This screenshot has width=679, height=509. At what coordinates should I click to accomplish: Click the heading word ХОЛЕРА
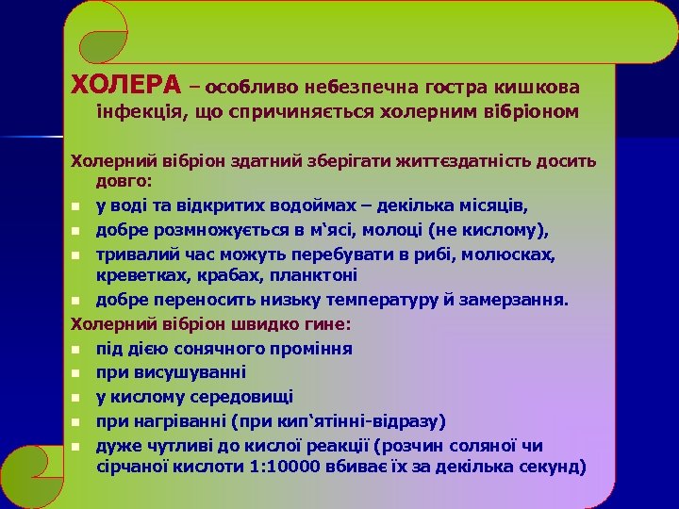126,86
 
